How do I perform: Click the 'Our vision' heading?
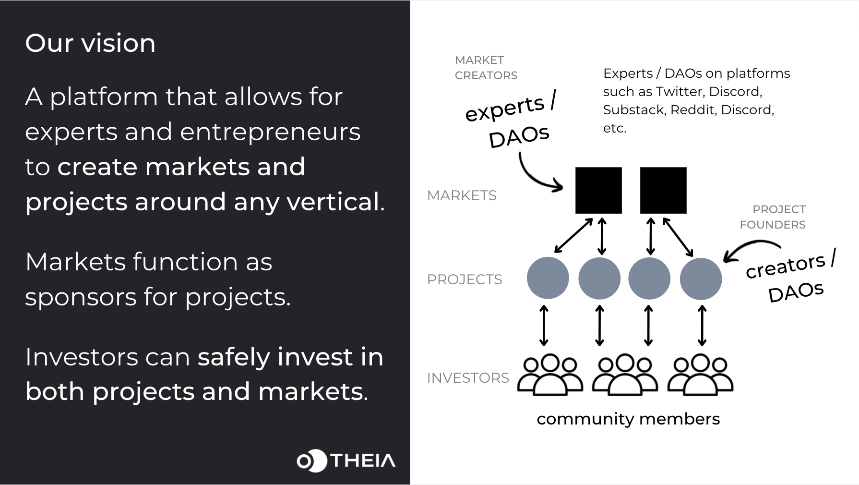[x=90, y=43]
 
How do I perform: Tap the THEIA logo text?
[x=363, y=461]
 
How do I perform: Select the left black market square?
[x=598, y=190]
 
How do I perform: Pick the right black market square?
[x=663, y=190]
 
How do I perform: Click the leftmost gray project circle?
[x=548, y=278]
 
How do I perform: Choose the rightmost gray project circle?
[x=701, y=279]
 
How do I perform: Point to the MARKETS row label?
[x=462, y=195]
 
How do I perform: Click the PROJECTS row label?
[x=465, y=279]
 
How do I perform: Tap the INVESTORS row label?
[x=468, y=378]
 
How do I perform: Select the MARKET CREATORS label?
[x=486, y=68]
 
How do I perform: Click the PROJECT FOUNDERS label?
[x=773, y=217]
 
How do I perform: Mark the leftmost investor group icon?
[x=550, y=375]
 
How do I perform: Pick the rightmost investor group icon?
[x=700, y=375]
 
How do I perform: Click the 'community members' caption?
[x=628, y=419]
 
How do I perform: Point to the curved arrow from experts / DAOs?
[x=535, y=176]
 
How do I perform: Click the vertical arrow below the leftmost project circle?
[x=544, y=326]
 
